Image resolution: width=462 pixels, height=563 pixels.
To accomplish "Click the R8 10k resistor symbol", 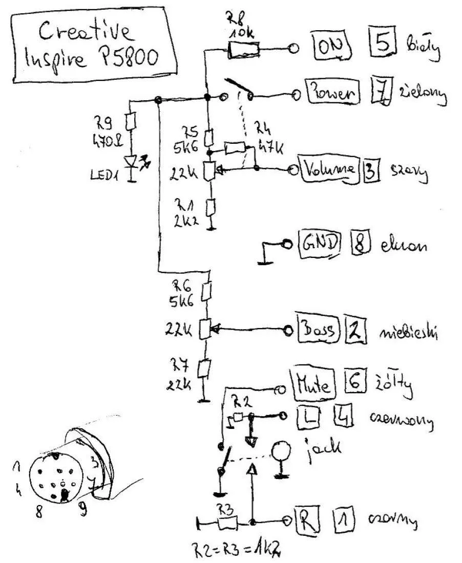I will [243, 50].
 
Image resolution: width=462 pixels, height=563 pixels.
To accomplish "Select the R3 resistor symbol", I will [226, 523].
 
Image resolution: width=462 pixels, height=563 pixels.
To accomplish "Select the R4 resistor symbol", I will [235, 149].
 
